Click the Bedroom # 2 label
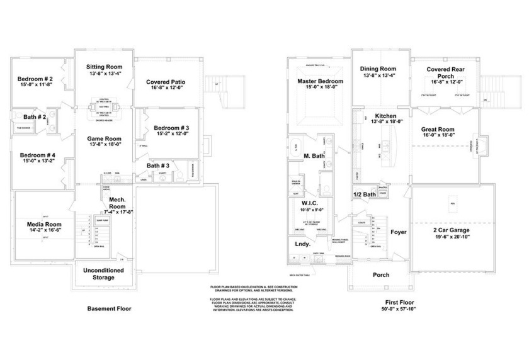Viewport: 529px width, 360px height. click(x=35, y=79)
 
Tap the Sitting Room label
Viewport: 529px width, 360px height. click(x=104, y=67)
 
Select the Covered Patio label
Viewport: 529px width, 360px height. click(x=165, y=82)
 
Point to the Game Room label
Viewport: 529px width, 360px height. click(x=104, y=138)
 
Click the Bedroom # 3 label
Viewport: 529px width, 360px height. click(x=172, y=128)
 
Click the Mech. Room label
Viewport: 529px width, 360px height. click(x=117, y=203)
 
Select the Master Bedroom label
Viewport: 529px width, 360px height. click(x=320, y=82)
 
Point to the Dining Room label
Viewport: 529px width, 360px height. click(x=378, y=69)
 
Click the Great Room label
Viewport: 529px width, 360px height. click(x=438, y=130)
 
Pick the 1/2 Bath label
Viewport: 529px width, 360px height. click(x=365, y=194)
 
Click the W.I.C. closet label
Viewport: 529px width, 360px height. click(x=310, y=203)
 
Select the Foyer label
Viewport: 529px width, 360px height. click(x=398, y=232)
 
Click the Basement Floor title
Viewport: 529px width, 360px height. click(x=109, y=309)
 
